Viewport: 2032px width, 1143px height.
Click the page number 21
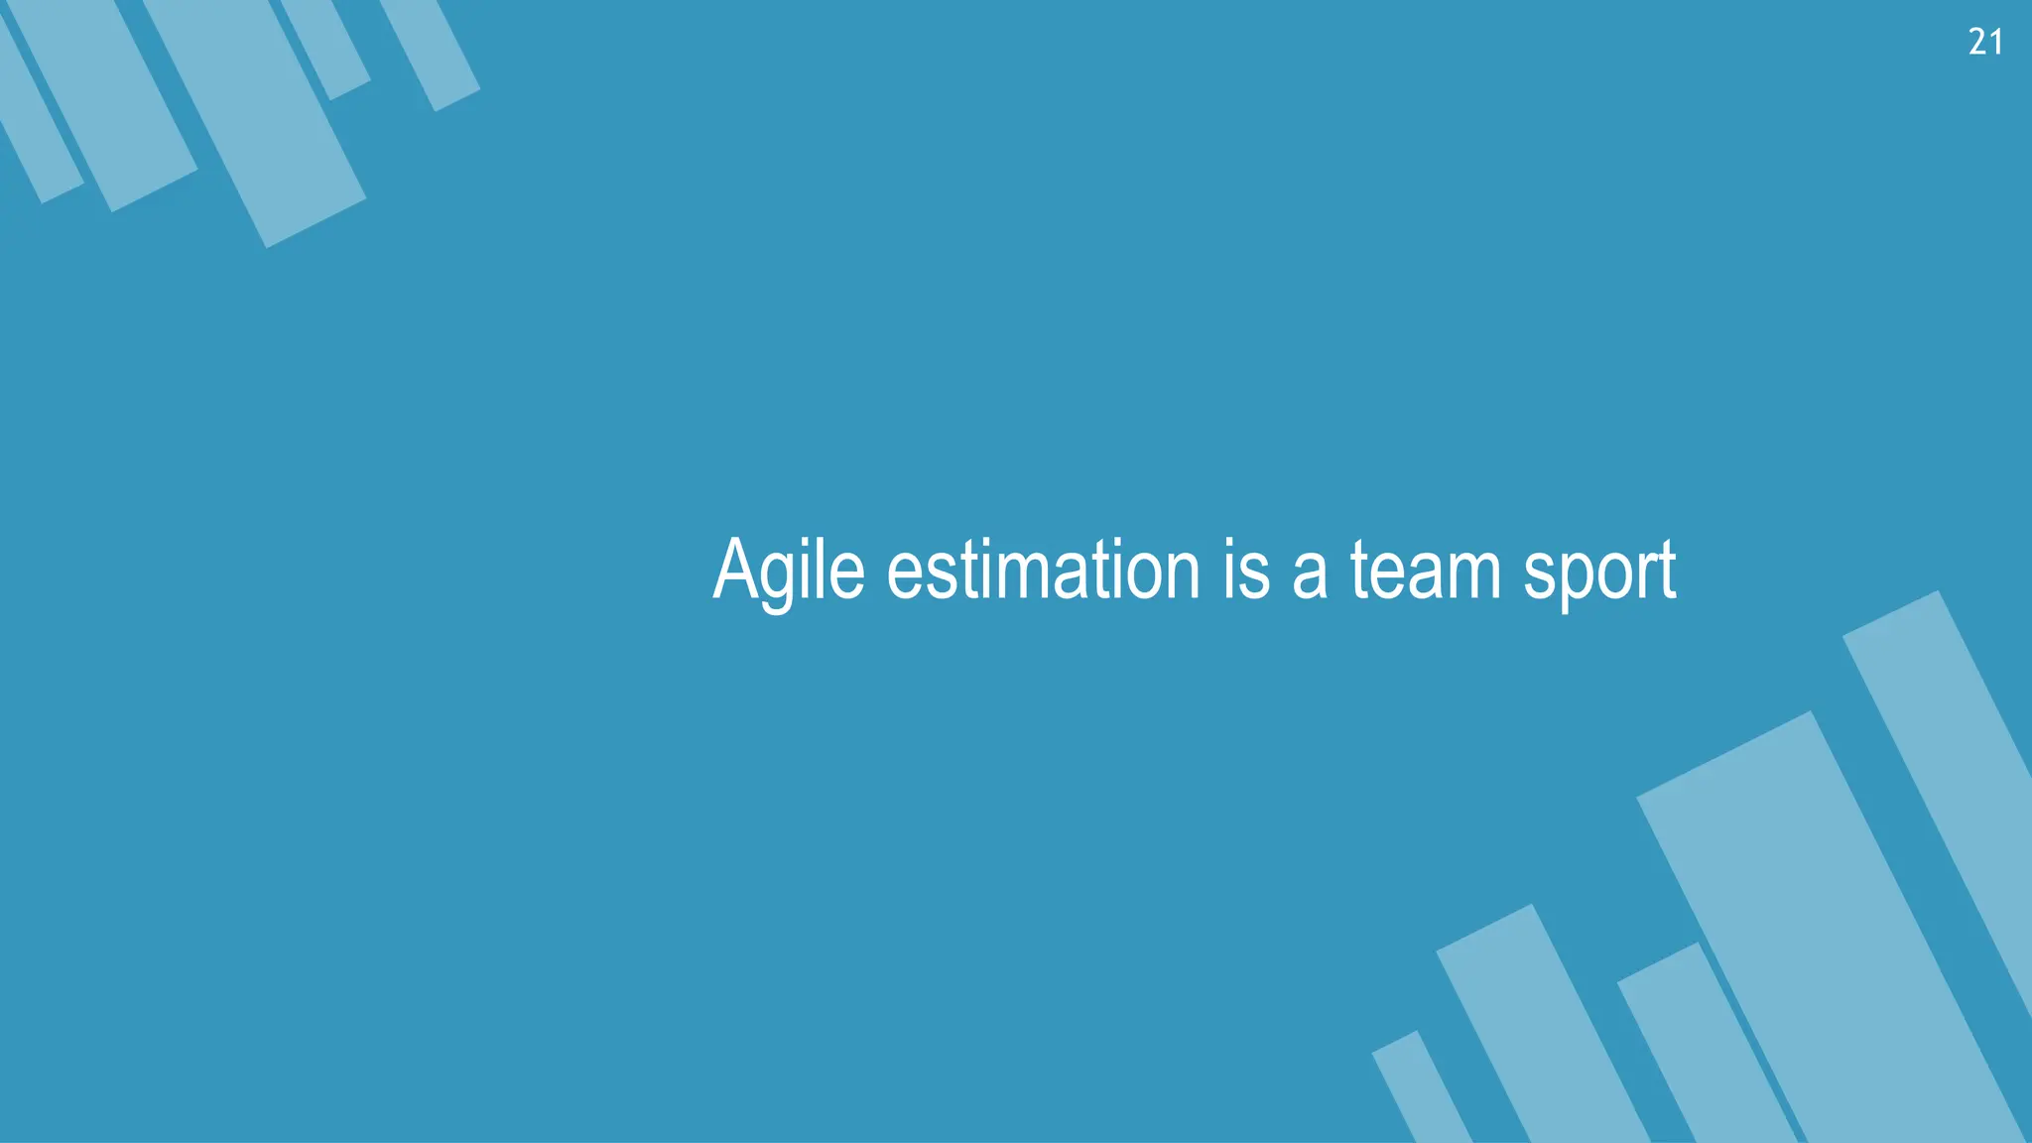tap(1984, 42)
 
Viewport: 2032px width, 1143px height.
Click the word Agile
tap(789, 570)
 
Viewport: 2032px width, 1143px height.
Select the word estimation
tap(1043, 570)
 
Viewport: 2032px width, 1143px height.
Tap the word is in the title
tap(1246, 570)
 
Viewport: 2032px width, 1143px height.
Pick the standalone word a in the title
tap(1310, 575)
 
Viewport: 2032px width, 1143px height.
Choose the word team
tap(1426, 570)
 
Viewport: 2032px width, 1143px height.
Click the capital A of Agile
tap(735, 568)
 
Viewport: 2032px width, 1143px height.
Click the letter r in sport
tap(1648, 575)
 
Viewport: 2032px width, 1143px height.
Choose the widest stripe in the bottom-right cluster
tap(1826, 923)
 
